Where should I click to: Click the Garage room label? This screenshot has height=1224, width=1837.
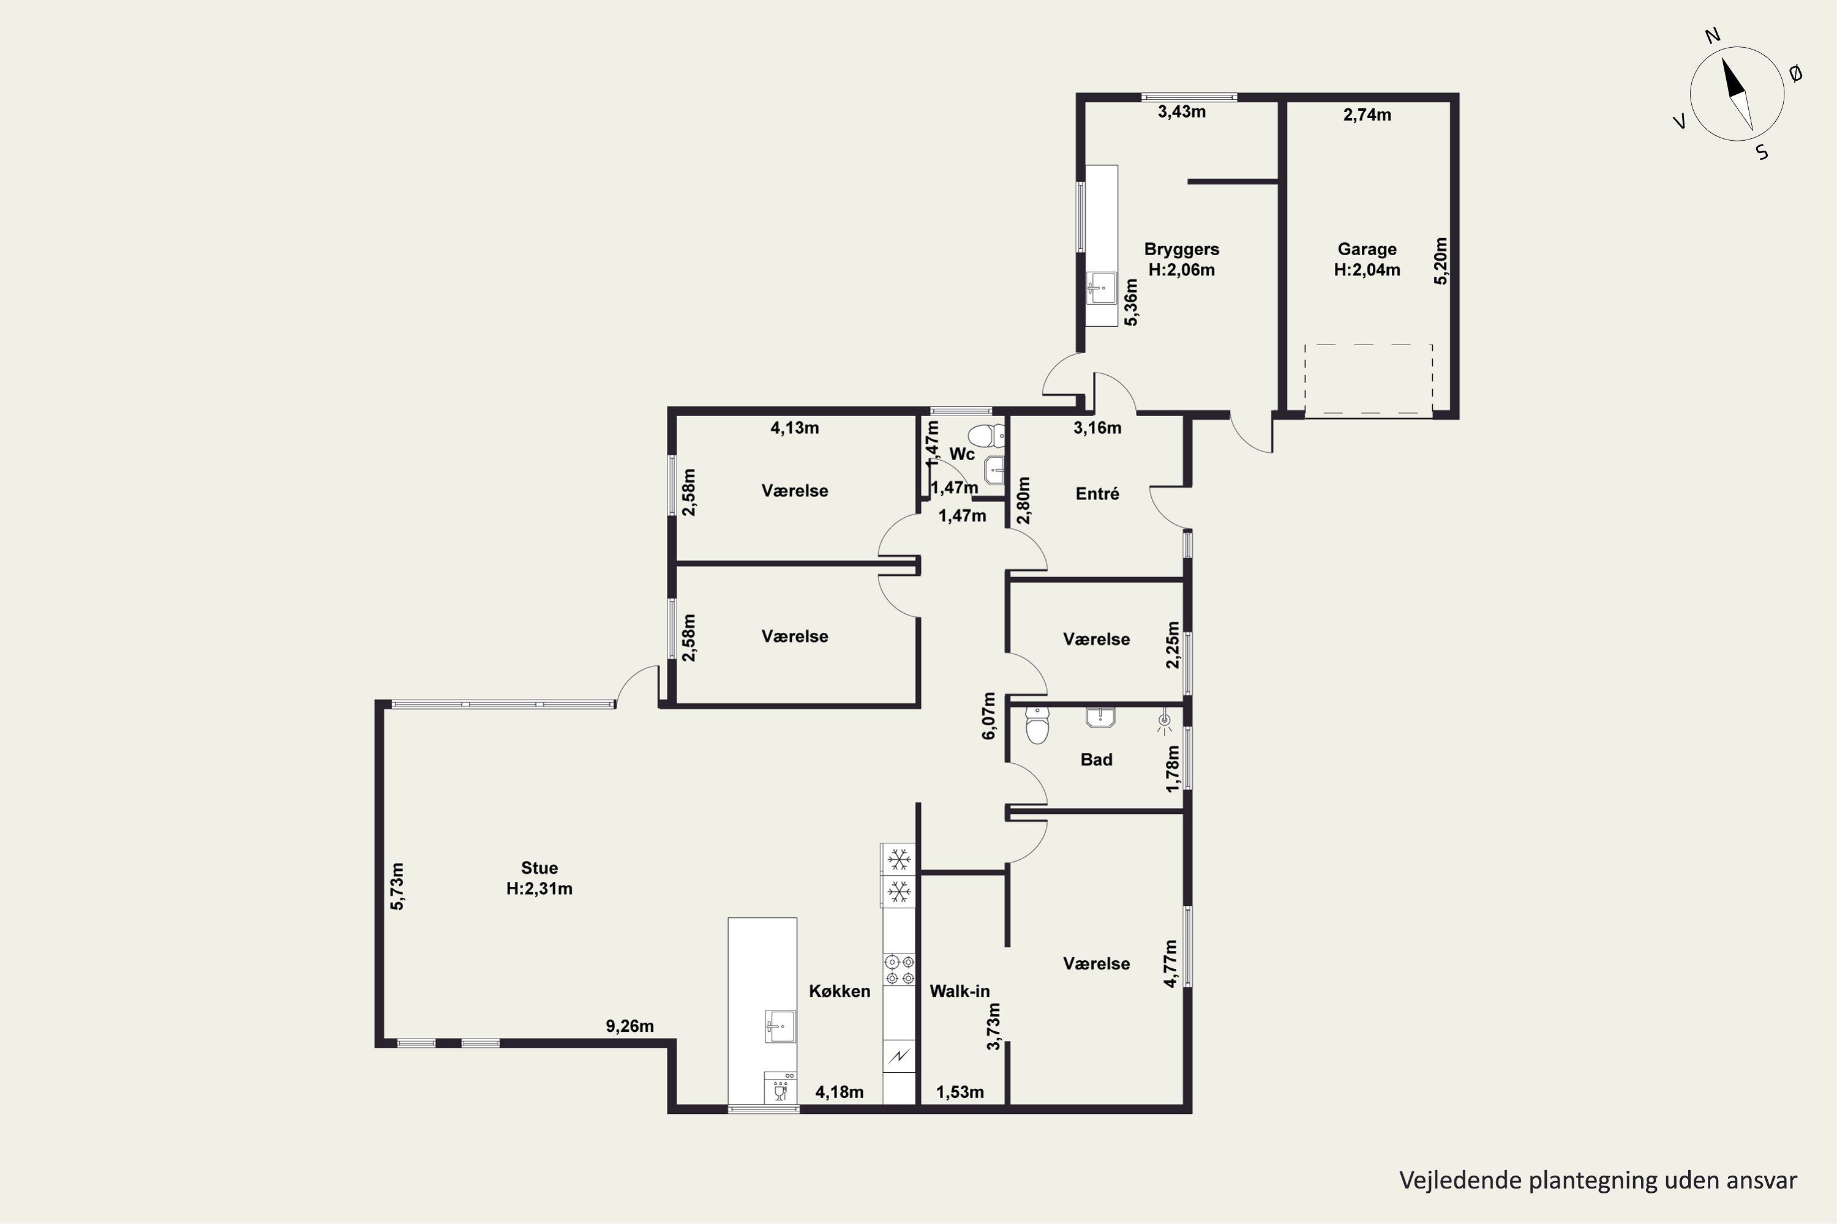click(x=1367, y=250)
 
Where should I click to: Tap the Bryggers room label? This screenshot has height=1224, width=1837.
click(x=1182, y=250)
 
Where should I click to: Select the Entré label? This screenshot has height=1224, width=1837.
click(x=1097, y=493)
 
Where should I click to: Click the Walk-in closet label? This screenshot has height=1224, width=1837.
click(x=960, y=991)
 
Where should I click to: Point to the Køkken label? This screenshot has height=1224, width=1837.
click(x=840, y=991)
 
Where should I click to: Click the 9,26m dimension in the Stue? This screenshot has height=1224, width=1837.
click(x=629, y=1026)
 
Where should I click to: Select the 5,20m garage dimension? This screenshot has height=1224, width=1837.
click(x=1441, y=261)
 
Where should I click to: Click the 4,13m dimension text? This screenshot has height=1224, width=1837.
click(x=795, y=428)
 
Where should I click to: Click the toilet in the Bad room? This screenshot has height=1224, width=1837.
click(x=1037, y=726)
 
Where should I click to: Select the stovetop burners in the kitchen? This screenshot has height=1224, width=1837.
click(x=899, y=969)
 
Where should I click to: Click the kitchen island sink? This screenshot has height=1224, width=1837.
click(x=780, y=1026)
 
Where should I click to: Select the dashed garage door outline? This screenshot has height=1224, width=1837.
click(x=1369, y=379)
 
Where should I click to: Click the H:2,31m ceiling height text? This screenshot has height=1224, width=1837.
click(x=539, y=889)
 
